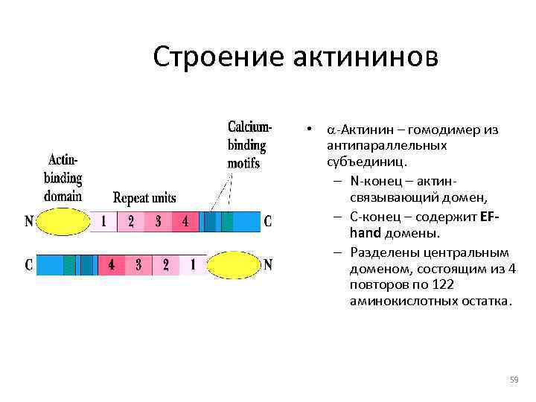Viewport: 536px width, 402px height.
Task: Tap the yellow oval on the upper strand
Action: (63, 221)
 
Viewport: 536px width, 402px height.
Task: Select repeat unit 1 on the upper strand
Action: (103, 221)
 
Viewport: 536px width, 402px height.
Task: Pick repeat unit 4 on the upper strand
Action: (185, 221)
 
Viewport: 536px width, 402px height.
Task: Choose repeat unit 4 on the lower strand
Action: (111, 265)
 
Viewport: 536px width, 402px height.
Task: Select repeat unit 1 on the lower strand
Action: (193, 265)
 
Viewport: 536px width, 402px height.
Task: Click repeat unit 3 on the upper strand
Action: (158, 221)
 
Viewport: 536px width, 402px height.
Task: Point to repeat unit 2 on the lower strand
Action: (166, 265)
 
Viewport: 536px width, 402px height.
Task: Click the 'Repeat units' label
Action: (144, 198)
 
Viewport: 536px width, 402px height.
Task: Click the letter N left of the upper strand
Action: (28, 221)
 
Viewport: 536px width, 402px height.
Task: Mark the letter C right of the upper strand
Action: (267, 221)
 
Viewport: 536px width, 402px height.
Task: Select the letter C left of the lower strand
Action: (28, 265)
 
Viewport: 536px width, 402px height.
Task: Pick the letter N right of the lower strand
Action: (268, 265)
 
